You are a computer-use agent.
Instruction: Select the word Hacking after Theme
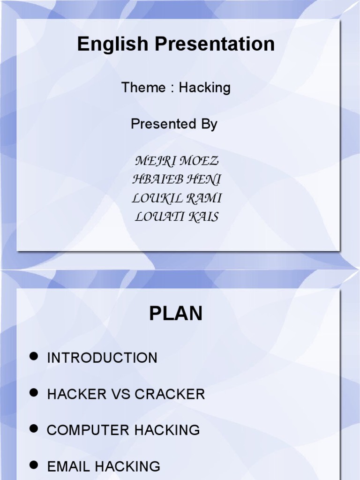click(205, 88)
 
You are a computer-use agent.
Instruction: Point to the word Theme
click(143, 88)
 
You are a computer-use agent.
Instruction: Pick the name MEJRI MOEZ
click(177, 161)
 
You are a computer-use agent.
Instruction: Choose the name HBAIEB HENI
click(177, 180)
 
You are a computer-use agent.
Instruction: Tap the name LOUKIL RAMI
click(177, 198)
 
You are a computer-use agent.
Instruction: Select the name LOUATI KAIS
click(177, 217)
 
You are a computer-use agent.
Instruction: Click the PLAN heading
click(176, 314)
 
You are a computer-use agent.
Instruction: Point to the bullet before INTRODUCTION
click(33, 357)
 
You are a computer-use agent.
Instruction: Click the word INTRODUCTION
click(102, 358)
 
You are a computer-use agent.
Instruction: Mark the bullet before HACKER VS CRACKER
click(33, 393)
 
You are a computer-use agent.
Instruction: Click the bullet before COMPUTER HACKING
click(33, 428)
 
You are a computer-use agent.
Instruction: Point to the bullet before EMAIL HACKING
click(33, 465)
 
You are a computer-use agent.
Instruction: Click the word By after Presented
click(208, 124)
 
